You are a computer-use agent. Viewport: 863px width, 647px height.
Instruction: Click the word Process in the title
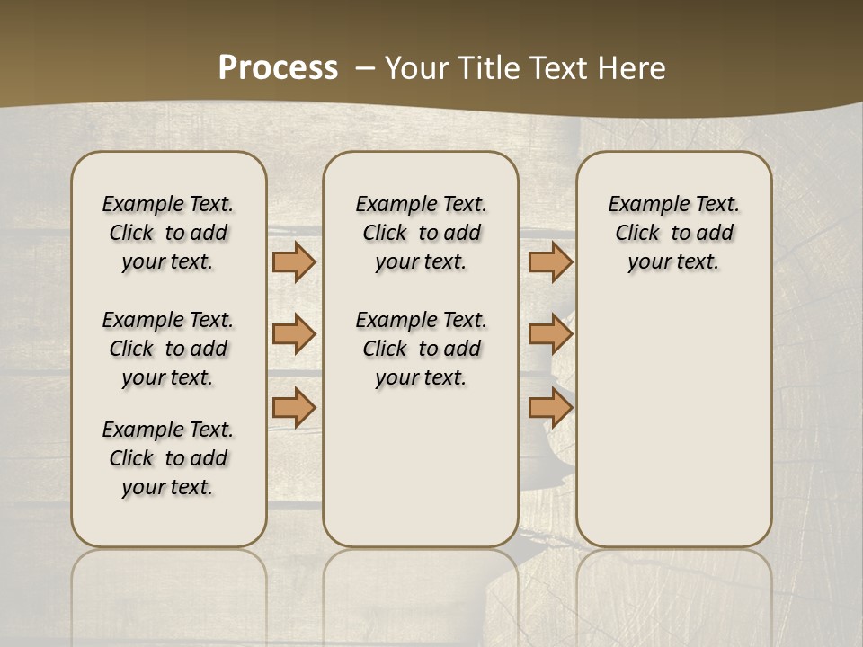(278, 67)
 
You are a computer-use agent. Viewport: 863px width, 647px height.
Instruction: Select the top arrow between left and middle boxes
(294, 262)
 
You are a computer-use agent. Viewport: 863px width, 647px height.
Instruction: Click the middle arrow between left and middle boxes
(294, 334)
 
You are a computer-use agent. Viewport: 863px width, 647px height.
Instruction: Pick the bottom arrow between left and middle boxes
(294, 407)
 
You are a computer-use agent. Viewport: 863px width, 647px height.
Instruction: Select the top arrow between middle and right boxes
(550, 262)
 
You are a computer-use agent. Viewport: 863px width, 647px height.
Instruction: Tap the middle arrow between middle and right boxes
(550, 334)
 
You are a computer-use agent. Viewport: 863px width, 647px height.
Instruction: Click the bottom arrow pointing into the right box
(550, 407)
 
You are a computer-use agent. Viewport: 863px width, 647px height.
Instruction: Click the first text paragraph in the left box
(168, 233)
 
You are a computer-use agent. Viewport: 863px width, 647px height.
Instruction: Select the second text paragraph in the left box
(168, 349)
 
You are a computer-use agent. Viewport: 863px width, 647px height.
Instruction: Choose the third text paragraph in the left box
(168, 458)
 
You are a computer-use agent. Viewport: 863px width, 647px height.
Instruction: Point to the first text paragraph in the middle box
(421, 233)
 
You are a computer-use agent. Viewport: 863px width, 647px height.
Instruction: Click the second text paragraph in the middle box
(421, 349)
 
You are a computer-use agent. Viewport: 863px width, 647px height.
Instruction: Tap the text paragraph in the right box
(673, 233)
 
